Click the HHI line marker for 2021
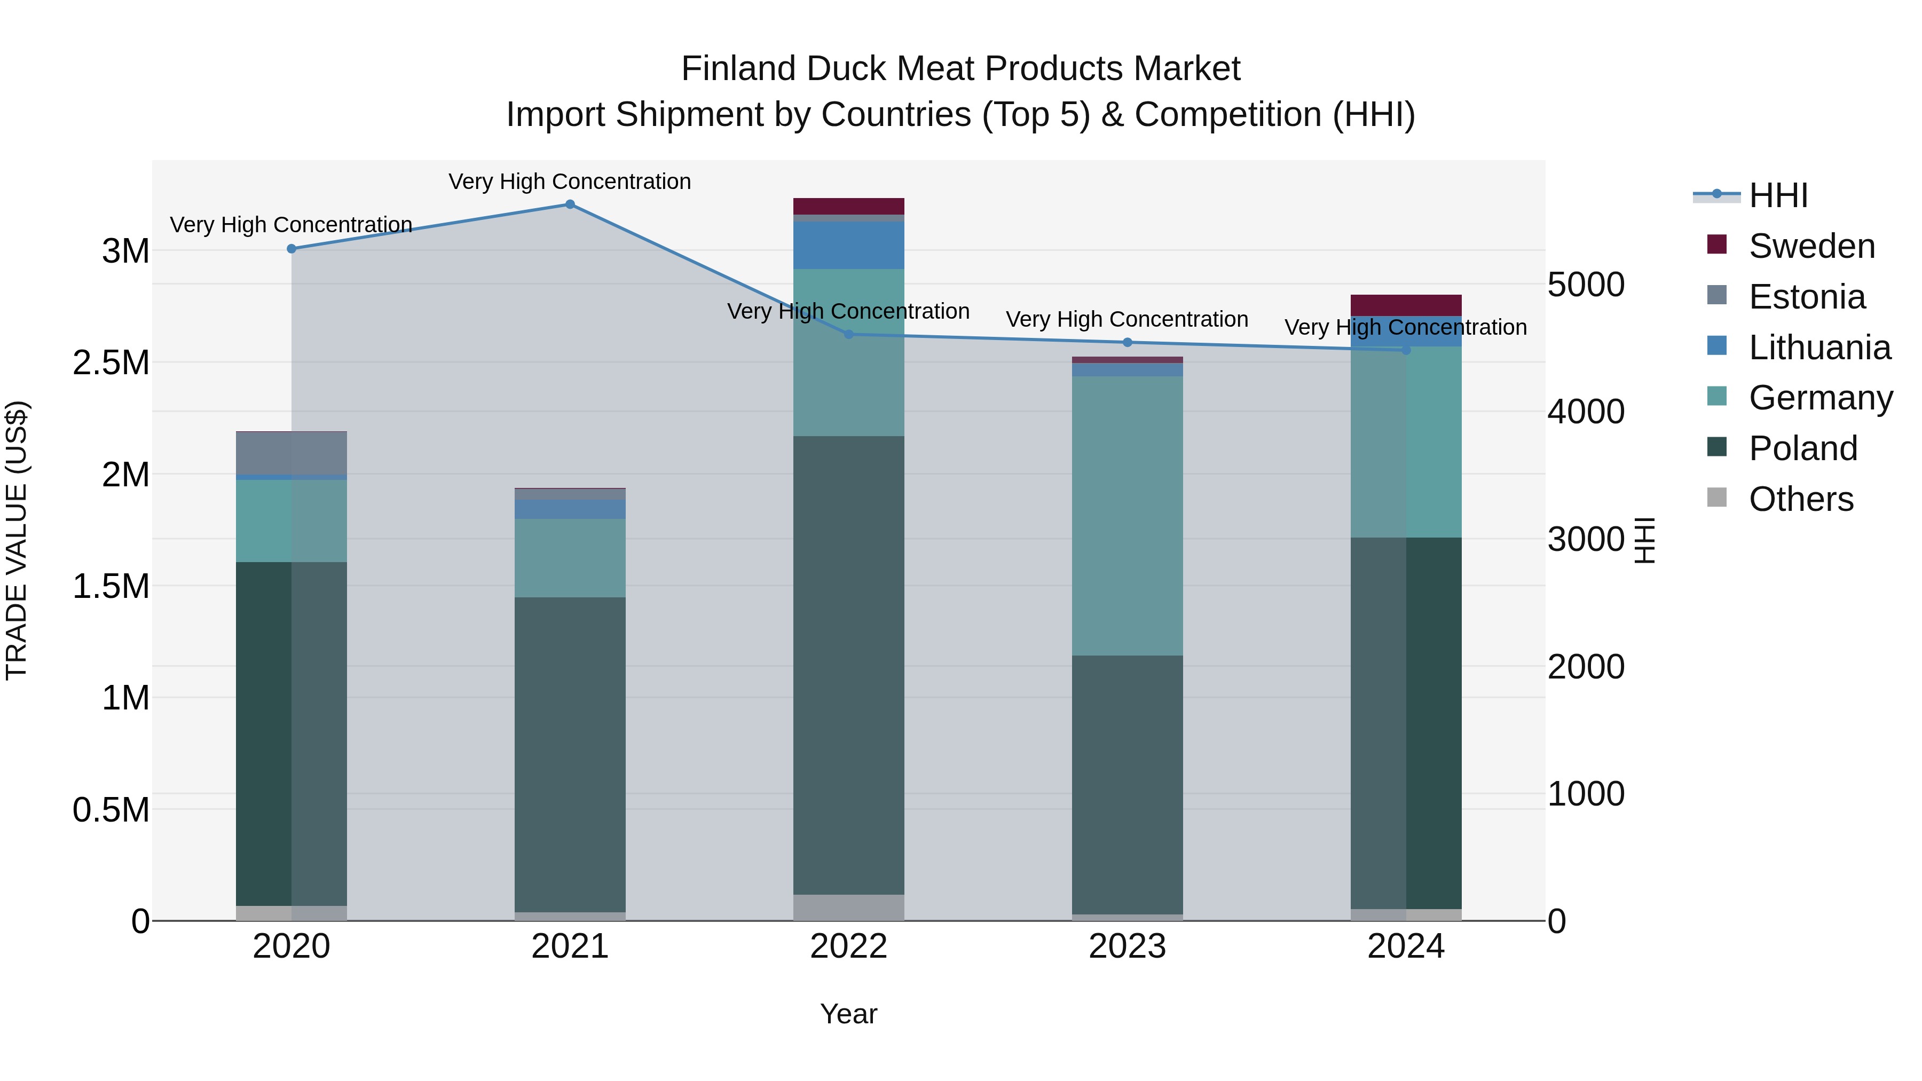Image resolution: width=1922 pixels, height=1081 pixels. point(570,204)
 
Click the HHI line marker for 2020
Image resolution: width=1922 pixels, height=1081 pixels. point(292,248)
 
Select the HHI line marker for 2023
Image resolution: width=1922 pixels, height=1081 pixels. point(1128,342)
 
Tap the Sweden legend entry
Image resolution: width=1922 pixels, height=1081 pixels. point(1811,246)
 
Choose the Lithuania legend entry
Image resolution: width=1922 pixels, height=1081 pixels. point(1819,348)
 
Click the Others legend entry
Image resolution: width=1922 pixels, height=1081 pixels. point(1800,499)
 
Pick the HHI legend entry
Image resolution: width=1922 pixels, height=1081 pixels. point(1778,195)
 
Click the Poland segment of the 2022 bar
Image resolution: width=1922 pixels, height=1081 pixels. point(848,664)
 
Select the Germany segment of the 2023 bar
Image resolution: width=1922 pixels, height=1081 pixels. point(1128,515)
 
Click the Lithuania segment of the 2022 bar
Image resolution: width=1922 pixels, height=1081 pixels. point(848,244)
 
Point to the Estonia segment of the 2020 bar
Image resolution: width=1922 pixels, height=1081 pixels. point(292,453)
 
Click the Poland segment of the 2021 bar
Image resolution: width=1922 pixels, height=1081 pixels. point(570,753)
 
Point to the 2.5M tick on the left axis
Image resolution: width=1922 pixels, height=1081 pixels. point(111,362)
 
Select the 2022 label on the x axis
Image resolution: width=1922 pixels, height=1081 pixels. point(848,946)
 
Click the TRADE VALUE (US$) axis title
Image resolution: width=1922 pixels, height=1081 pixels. point(17,540)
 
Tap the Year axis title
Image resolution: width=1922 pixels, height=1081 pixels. point(848,1014)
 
